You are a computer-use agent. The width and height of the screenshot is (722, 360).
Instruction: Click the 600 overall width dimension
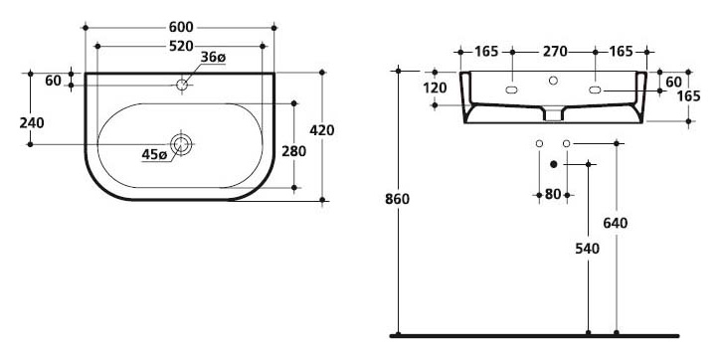pyautogui.click(x=181, y=28)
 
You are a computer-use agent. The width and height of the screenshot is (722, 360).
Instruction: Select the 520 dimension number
pyautogui.click(x=181, y=46)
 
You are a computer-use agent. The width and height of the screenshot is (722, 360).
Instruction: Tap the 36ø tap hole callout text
pyautogui.click(x=213, y=58)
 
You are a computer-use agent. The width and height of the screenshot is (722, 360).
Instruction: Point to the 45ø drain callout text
pyautogui.click(x=154, y=155)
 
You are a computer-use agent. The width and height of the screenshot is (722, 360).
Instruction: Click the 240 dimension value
pyautogui.click(x=32, y=123)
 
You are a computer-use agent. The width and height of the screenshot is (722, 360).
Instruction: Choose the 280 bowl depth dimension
pyautogui.click(x=293, y=151)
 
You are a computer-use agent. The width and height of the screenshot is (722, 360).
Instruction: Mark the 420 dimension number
pyautogui.click(x=322, y=130)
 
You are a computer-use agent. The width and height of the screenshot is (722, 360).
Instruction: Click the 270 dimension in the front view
pyautogui.click(x=555, y=52)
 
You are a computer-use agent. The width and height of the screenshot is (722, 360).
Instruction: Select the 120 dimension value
pyautogui.click(x=435, y=88)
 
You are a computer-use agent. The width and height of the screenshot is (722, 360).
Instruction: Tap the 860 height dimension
pyautogui.click(x=397, y=199)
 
